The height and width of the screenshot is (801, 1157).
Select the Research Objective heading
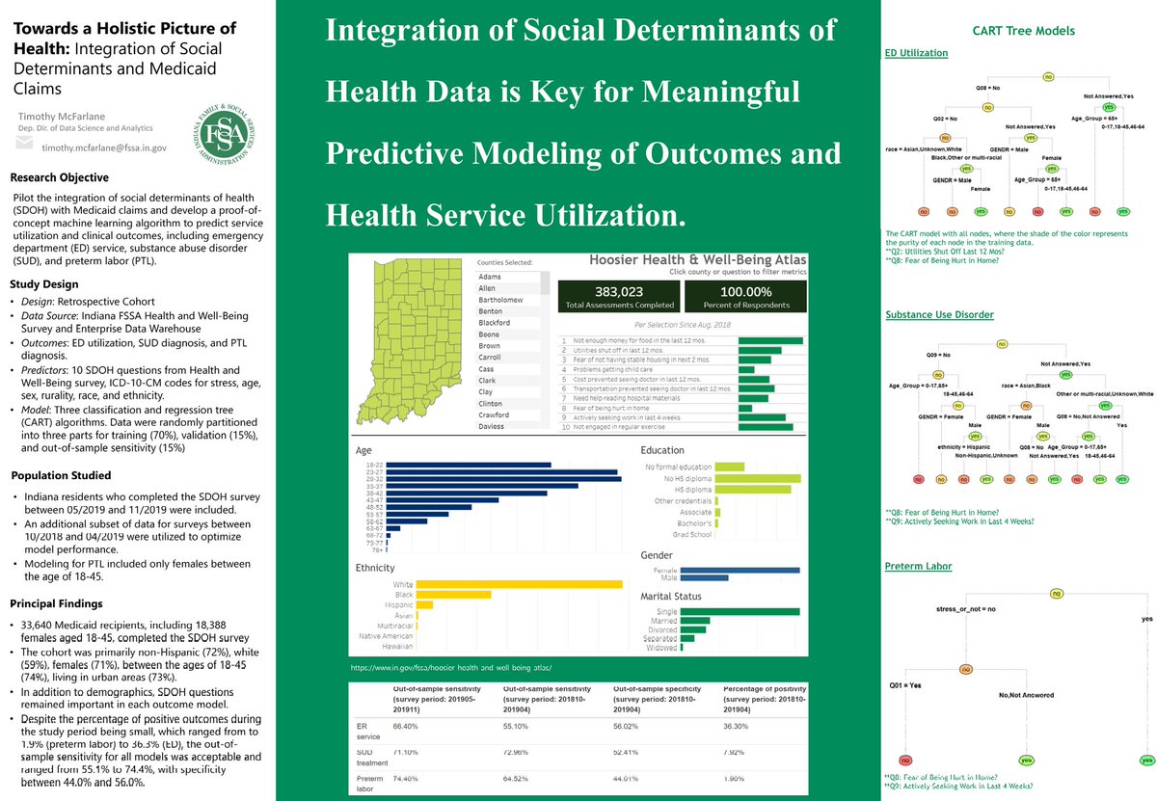(x=59, y=178)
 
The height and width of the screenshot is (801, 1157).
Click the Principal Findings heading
(x=55, y=604)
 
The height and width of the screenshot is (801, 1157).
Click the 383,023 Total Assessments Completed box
(x=619, y=297)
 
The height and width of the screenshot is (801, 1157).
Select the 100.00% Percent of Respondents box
(x=745, y=297)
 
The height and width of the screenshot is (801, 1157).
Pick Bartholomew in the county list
(x=506, y=300)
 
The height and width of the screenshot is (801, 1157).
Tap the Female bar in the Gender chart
(x=740, y=570)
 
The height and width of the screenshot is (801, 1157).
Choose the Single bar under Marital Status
(x=740, y=611)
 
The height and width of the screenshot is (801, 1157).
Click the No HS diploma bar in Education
(x=758, y=478)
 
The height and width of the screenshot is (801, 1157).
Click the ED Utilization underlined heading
(x=916, y=53)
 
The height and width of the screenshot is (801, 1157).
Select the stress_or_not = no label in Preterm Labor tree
(x=966, y=609)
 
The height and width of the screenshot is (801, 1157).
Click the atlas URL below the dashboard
(x=453, y=668)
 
